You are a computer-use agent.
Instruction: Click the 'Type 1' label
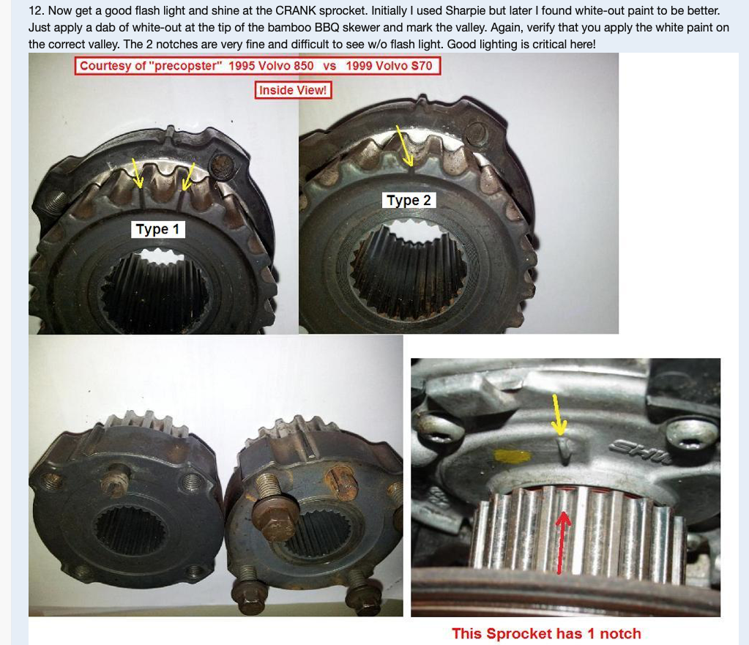tap(157, 229)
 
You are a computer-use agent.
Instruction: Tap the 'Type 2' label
tap(409, 200)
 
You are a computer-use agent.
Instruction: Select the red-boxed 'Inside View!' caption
tap(293, 90)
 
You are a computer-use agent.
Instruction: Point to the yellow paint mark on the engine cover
tap(513, 456)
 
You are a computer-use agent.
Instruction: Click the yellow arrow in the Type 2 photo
tap(405, 146)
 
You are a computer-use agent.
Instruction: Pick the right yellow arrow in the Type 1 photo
tap(188, 176)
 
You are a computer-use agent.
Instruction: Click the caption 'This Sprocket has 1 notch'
tap(546, 633)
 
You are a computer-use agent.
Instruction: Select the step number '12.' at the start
tap(36, 10)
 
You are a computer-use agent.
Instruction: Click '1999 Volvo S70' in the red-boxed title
tap(389, 65)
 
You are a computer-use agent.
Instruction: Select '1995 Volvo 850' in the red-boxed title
tap(271, 65)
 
